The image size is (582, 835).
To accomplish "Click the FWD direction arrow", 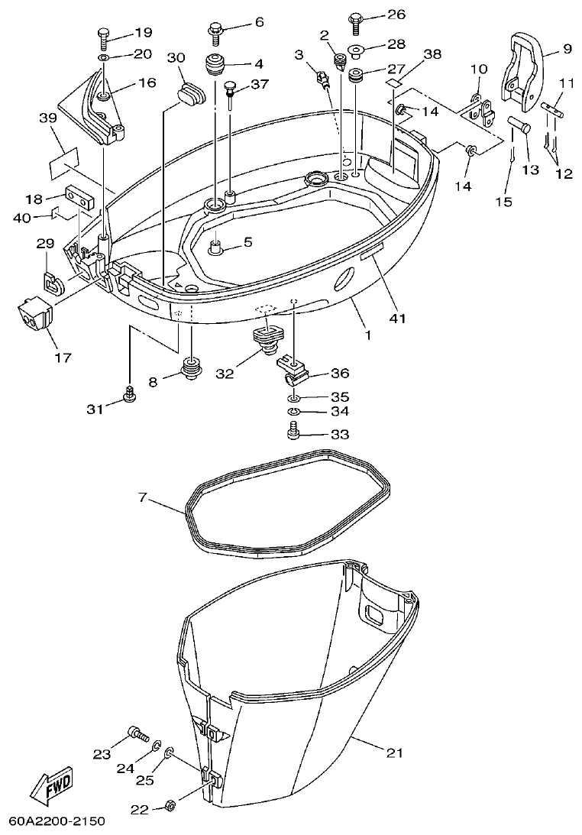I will point(47,785).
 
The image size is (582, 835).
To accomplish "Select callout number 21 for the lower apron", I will point(393,753).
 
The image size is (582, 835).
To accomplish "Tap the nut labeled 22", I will point(170,805).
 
